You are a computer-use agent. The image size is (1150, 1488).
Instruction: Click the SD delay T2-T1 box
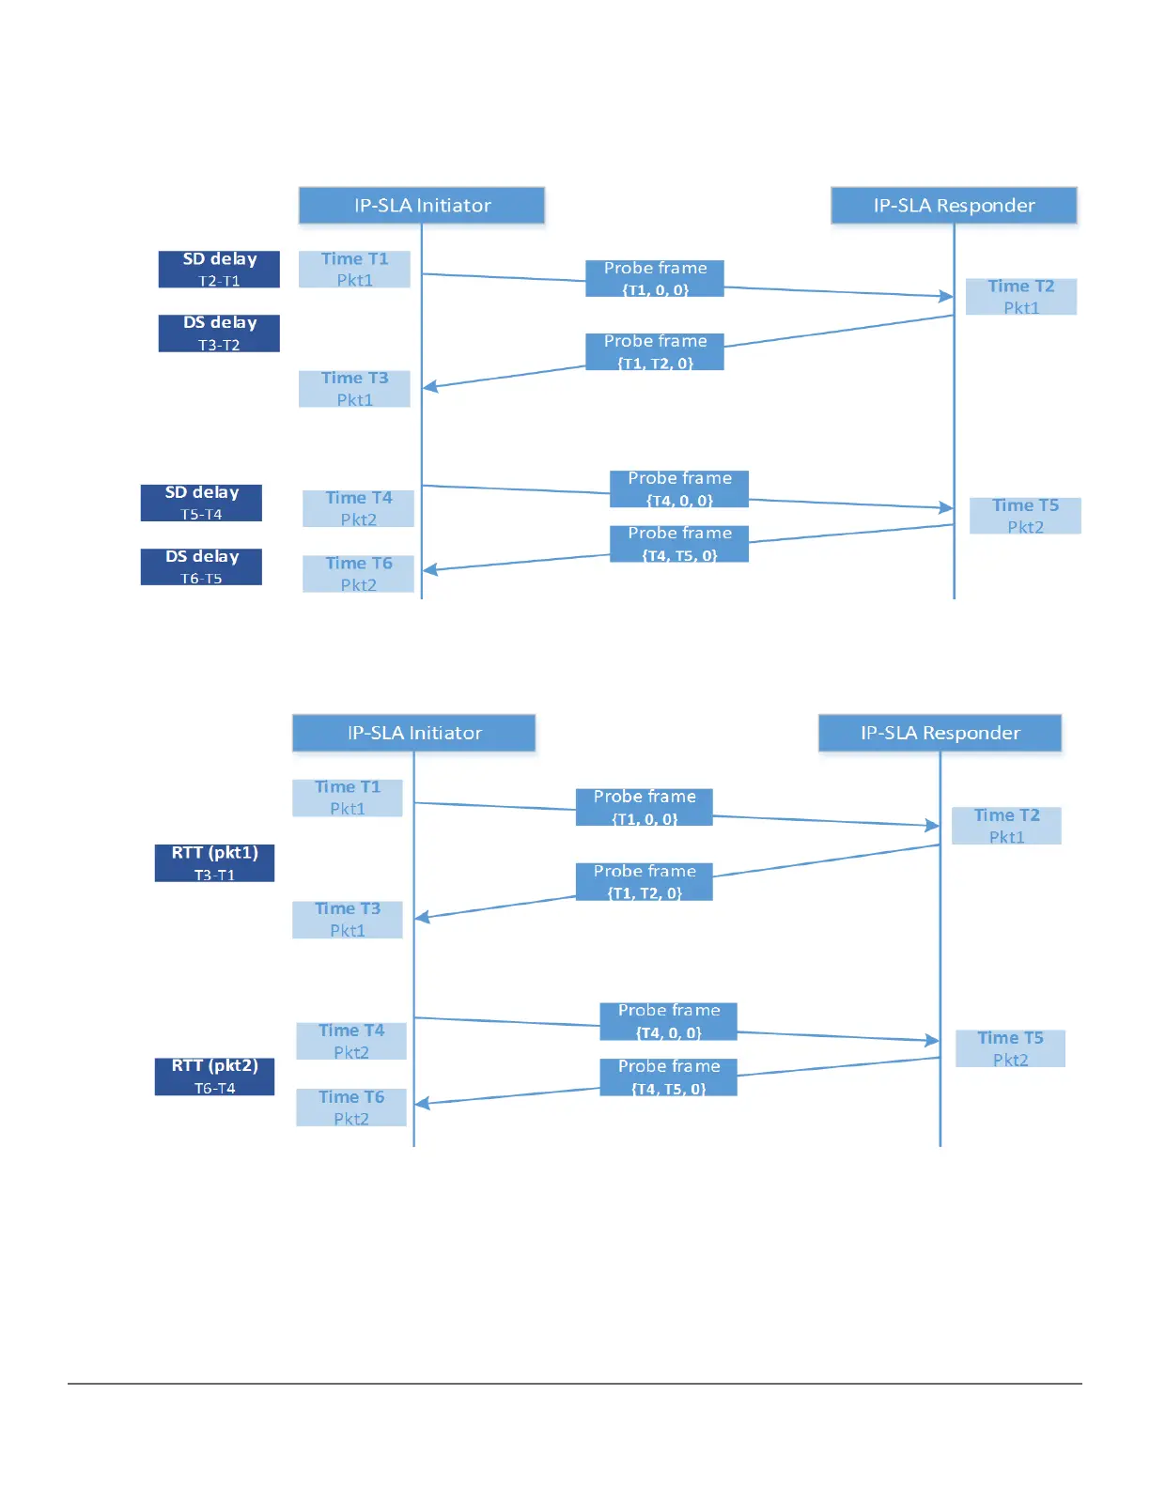click(219, 270)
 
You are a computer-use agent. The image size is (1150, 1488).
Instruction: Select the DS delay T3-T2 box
click(219, 333)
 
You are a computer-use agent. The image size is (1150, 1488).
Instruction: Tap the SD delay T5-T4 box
click(201, 503)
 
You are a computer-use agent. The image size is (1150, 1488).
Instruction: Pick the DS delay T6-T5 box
click(201, 566)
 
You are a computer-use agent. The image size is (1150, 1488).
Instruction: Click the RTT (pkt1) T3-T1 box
click(214, 863)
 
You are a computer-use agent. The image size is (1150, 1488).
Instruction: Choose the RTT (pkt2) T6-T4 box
click(214, 1077)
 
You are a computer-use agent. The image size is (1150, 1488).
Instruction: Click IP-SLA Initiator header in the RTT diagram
click(413, 733)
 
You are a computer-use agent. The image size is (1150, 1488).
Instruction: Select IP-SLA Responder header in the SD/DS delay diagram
click(954, 205)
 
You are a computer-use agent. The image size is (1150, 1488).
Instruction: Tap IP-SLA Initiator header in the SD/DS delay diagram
click(422, 205)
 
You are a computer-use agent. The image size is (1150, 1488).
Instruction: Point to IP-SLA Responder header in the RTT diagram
click(940, 733)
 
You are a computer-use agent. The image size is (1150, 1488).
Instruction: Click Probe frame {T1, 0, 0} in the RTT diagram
click(645, 807)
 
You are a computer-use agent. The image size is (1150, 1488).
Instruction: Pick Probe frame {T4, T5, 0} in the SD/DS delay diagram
click(679, 544)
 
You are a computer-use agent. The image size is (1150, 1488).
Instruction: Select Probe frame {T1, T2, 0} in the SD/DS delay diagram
click(655, 351)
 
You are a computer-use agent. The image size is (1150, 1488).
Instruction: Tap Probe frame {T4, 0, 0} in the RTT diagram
click(668, 1021)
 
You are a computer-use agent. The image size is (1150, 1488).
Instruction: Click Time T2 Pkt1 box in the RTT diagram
click(1006, 826)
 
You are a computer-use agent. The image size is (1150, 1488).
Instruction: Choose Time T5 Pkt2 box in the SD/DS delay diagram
click(1025, 516)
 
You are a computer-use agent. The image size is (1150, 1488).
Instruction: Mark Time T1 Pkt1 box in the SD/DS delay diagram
click(354, 270)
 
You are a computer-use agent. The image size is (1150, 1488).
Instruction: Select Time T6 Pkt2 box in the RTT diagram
click(351, 1108)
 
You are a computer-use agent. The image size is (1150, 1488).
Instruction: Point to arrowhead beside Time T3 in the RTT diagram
click(422, 917)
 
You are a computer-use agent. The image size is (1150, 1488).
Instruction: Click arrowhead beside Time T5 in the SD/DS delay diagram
click(946, 508)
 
